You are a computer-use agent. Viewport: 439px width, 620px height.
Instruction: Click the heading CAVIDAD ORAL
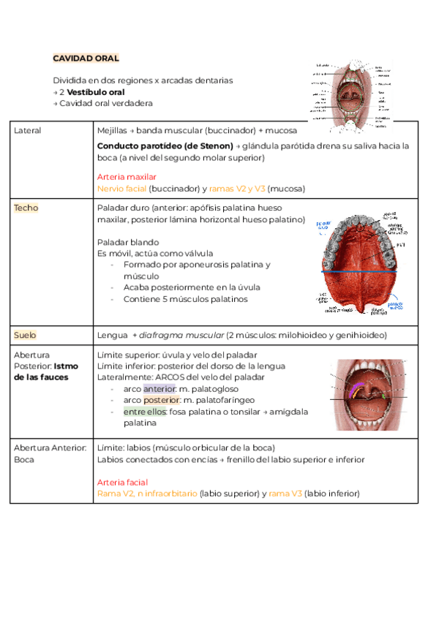pyautogui.click(x=86, y=58)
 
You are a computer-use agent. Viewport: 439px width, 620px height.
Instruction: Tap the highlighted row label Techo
pyautogui.click(x=26, y=208)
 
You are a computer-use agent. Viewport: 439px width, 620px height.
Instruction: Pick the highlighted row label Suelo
pyautogui.click(x=25, y=335)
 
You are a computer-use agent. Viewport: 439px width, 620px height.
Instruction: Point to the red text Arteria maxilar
pyautogui.click(x=126, y=177)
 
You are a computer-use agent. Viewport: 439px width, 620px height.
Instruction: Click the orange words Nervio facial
pyautogui.click(x=121, y=188)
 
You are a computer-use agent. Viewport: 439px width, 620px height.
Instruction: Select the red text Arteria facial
pyautogui.click(x=122, y=483)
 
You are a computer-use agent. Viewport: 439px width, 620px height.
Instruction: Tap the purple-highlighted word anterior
pyautogui.click(x=160, y=389)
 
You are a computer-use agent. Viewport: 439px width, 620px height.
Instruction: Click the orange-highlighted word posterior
pyautogui.click(x=161, y=401)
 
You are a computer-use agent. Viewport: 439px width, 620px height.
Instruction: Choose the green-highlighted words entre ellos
pyautogui.click(x=145, y=412)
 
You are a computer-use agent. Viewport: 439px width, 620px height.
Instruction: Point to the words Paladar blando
pyautogui.click(x=128, y=242)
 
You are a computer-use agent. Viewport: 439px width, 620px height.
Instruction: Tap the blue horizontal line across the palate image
pyautogui.click(x=359, y=271)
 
